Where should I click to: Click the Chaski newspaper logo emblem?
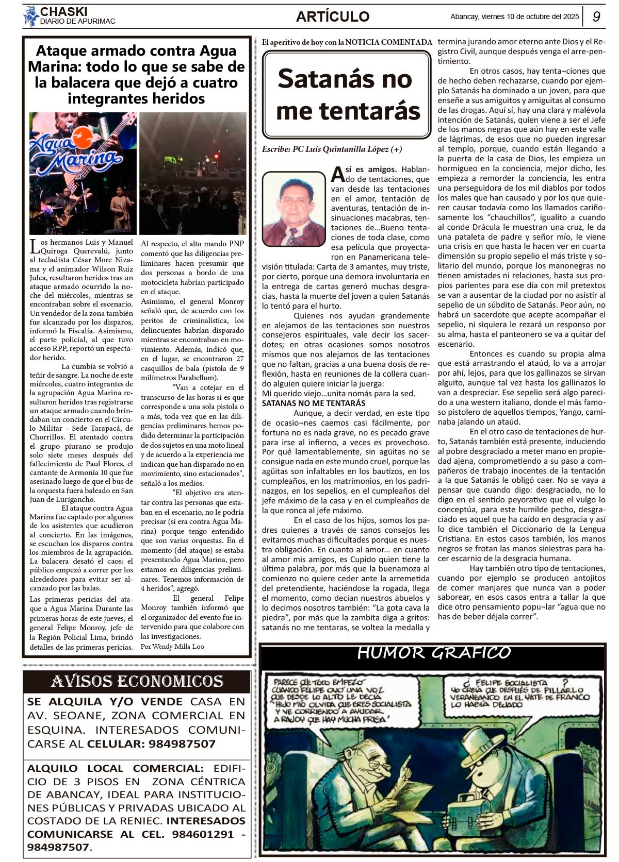coord(30,16)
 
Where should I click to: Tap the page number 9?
coord(596,16)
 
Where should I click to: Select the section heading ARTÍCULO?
coord(333,16)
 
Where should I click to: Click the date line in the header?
coord(514,16)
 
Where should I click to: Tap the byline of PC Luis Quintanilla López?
coord(332,149)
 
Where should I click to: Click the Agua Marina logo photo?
coord(83,173)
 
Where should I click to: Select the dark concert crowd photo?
coord(193,173)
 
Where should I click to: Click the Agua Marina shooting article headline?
coord(137,74)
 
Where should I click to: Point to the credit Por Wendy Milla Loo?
coord(172,646)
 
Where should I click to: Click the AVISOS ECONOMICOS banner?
coord(137,682)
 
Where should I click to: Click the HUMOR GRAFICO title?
coord(433,653)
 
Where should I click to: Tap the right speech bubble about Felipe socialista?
coord(519,693)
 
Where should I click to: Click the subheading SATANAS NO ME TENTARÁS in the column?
coord(314,403)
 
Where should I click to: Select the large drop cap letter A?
coord(337,174)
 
